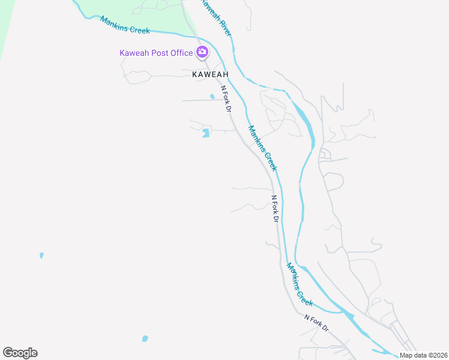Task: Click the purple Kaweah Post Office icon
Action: [202, 52]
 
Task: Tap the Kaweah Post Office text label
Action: [156, 53]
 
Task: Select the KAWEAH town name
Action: [210, 74]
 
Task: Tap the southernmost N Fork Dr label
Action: [316, 323]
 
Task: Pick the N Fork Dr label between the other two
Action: [275, 209]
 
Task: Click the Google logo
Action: [20, 353]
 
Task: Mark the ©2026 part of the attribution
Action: [433, 355]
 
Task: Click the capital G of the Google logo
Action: [8, 352]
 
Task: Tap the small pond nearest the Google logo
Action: [145, 338]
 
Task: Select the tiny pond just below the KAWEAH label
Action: [212, 96]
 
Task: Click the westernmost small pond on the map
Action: [41, 255]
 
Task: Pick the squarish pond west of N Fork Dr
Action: [206, 133]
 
